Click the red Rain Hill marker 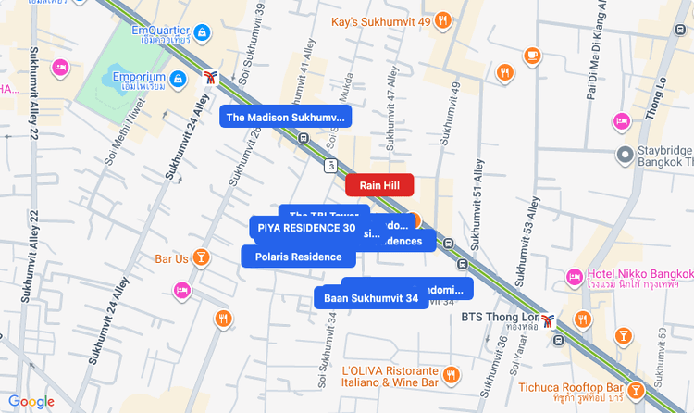[x=379, y=185]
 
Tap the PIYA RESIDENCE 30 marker [x=306, y=227]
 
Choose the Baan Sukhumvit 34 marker [x=371, y=298]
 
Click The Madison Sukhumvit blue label [x=285, y=117]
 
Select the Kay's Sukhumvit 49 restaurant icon [x=443, y=19]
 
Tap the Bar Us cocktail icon [x=202, y=257]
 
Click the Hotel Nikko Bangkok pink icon [x=574, y=275]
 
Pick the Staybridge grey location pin [x=626, y=153]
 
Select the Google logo [x=31, y=402]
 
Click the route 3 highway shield [x=329, y=166]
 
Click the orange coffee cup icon [x=532, y=56]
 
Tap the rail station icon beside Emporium [x=212, y=78]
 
